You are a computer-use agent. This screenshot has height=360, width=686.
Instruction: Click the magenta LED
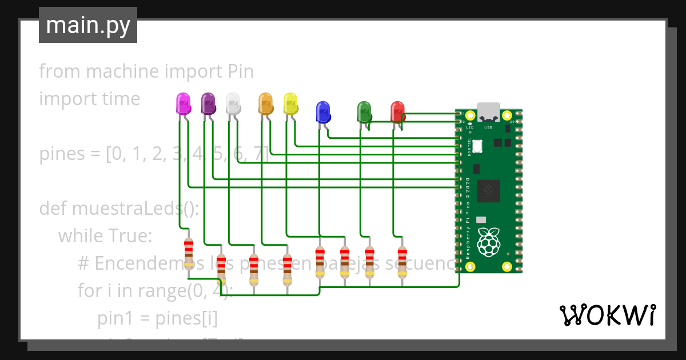(184, 104)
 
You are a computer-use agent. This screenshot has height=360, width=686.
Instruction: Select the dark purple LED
(209, 104)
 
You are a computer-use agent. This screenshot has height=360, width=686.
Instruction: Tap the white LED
(233, 104)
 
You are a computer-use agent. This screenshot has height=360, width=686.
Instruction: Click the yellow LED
(291, 104)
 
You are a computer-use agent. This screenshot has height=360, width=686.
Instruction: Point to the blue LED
(323, 111)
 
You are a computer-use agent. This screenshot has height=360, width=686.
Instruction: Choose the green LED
(364, 111)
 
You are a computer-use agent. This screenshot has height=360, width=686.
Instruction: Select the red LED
(397, 111)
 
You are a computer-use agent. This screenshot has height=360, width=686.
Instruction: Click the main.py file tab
(88, 25)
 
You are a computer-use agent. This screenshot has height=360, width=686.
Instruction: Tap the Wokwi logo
(607, 315)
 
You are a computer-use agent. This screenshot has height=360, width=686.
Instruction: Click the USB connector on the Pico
(488, 111)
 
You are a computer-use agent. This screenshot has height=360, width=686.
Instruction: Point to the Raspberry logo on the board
(489, 242)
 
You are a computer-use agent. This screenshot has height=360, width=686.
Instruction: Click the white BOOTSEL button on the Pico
(477, 147)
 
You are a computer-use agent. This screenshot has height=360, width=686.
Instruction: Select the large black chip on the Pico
(489, 191)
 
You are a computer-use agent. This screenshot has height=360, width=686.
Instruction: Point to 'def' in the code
(53, 208)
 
